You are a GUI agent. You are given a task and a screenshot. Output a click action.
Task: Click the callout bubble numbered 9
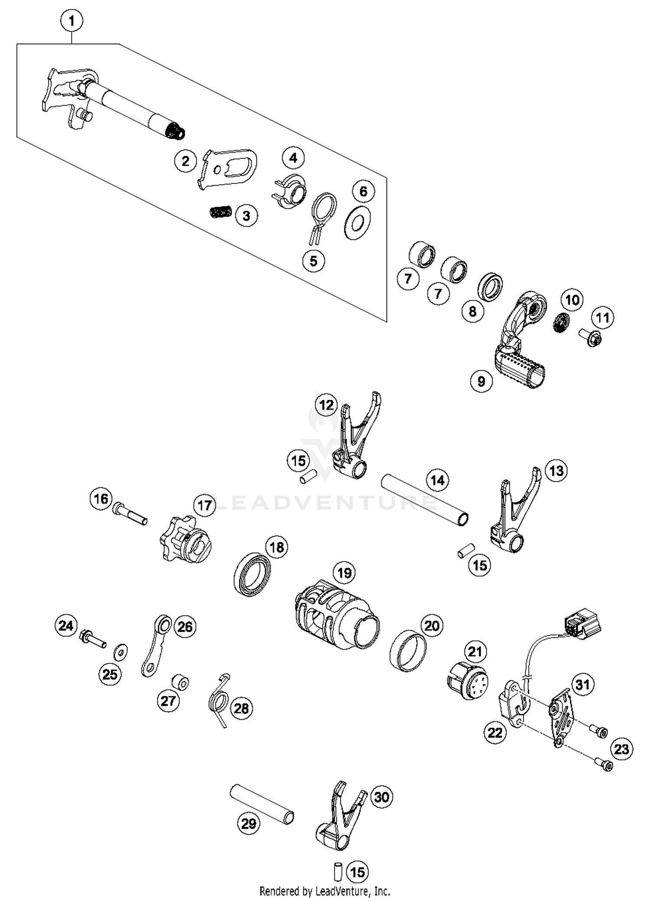pyautogui.click(x=481, y=381)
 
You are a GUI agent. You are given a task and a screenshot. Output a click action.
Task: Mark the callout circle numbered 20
pyautogui.click(x=432, y=626)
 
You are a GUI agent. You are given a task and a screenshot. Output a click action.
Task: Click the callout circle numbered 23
pyautogui.click(x=621, y=749)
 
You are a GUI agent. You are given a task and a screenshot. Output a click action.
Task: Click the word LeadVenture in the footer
pyautogui.click(x=342, y=891)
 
